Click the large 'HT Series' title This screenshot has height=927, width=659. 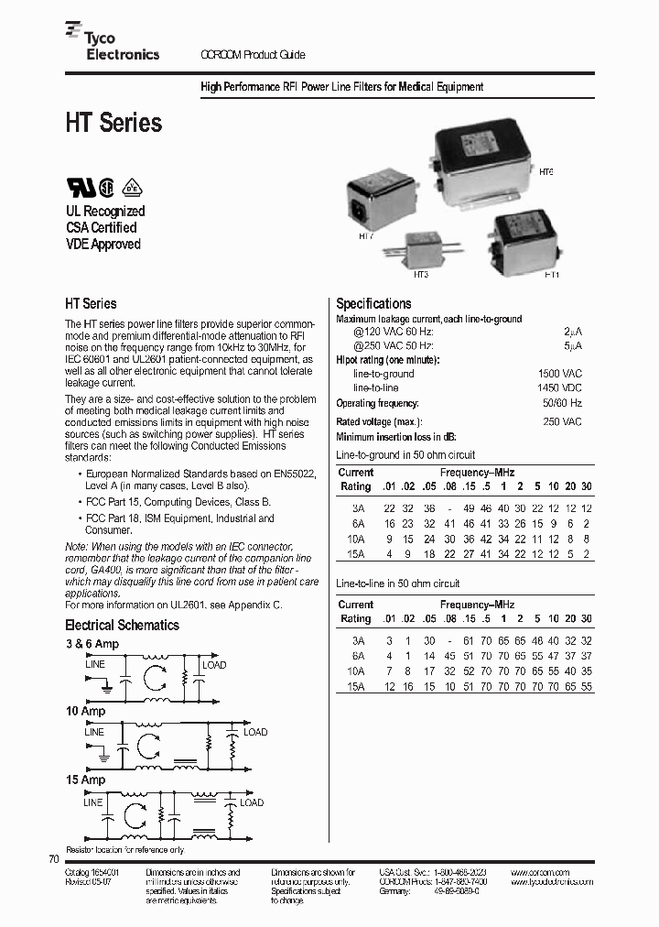[x=113, y=123]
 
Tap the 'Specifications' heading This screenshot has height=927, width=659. [x=373, y=304]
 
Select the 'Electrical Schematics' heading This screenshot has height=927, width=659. [x=122, y=626]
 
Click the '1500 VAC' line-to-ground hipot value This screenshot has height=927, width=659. [x=560, y=374]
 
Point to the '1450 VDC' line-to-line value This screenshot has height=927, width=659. [x=560, y=388]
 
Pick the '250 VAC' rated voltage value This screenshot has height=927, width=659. [x=563, y=421]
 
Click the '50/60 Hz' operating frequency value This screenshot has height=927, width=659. [x=562, y=403]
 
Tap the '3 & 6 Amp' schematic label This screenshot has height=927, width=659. [x=92, y=644]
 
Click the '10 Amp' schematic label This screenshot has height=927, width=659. [x=85, y=711]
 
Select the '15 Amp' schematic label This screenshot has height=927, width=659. [x=85, y=780]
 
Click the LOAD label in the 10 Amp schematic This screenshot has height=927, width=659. [x=255, y=732]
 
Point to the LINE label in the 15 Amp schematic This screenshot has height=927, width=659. [x=93, y=802]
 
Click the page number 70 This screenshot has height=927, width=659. [x=52, y=859]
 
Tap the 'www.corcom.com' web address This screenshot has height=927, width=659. [x=540, y=872]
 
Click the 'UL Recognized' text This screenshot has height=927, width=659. [x=104, y=211]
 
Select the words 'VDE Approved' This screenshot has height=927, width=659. [x=103, y=245]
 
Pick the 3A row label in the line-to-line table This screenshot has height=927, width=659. [x=357, y=641]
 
